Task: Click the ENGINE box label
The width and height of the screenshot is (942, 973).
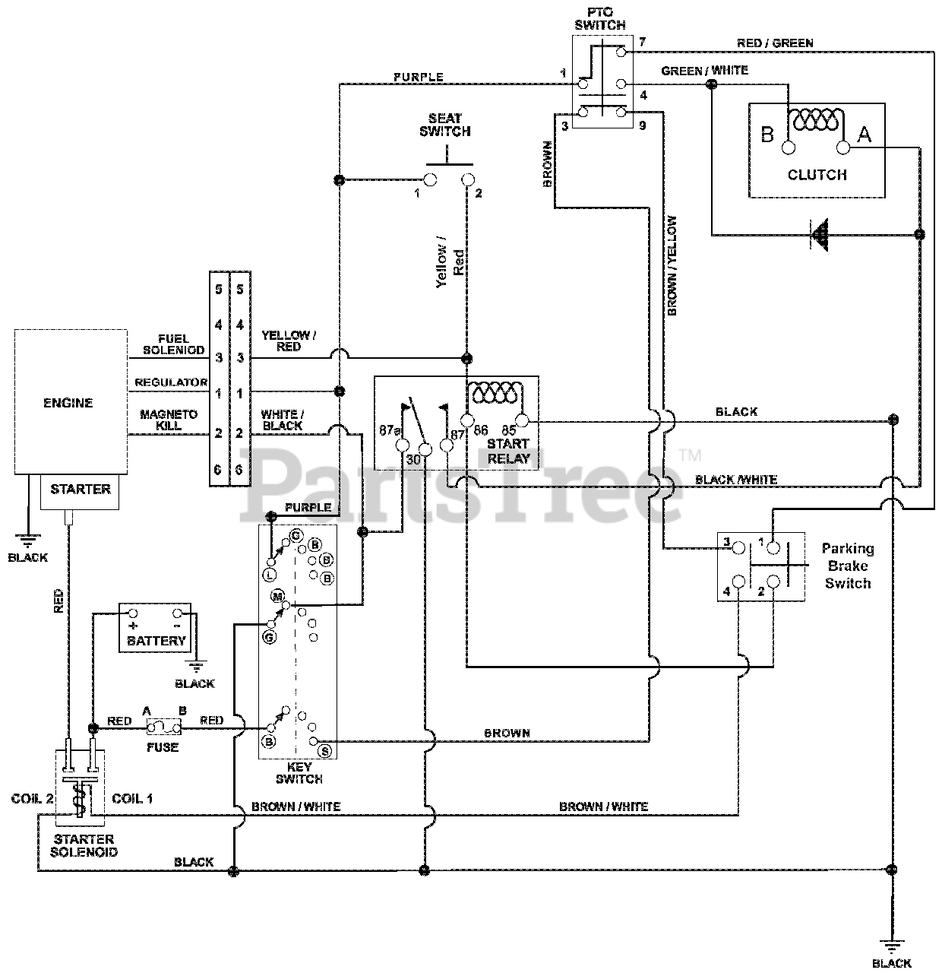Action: pos(68,403)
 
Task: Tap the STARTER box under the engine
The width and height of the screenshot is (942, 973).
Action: pos(80,492)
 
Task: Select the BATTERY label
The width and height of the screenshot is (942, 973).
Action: pos(156,641)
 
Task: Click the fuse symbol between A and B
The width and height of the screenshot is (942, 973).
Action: pos(163,727)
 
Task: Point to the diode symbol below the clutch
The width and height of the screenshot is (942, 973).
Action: pos(820,234)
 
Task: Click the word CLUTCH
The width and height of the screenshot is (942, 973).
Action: pos(817,175)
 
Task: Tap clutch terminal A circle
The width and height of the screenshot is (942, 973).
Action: pos(843,148)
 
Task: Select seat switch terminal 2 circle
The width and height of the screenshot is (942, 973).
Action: pos(468,179)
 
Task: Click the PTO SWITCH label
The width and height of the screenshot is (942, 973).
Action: pos(600,18)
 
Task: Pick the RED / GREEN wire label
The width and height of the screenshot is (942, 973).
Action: pos(775,43)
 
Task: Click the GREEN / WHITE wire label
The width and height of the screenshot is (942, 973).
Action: pos(705,71)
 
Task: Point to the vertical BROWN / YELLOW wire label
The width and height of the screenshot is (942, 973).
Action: pos(672,265)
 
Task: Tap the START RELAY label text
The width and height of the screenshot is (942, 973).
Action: pos(508,451)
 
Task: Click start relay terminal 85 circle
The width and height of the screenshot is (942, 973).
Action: pos(522,421)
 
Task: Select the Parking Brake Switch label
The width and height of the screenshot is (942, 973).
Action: pos(848,566)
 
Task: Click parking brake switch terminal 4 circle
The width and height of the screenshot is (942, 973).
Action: pos(738,582)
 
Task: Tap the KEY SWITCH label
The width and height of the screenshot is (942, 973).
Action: pos(299,773)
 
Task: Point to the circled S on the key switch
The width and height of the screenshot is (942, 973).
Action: pos(325,751)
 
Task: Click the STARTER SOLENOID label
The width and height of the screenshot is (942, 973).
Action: pos(84,845)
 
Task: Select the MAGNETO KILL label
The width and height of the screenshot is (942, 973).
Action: pos(169,420)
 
